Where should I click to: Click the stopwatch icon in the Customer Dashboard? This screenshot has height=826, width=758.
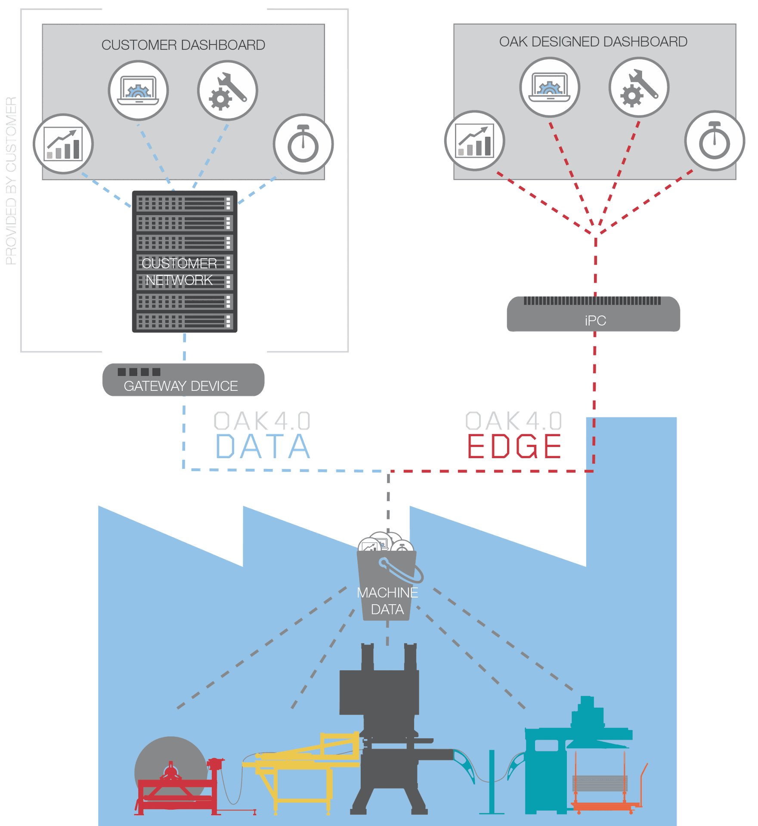303,144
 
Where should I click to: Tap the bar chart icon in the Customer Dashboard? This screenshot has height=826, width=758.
63,144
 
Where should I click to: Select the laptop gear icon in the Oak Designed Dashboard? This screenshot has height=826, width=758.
550,87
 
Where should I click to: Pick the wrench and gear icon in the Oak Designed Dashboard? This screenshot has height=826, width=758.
639,87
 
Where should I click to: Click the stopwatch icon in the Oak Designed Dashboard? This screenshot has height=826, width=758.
715,141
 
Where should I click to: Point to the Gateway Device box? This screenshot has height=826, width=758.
183,380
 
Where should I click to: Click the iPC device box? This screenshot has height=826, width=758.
594,314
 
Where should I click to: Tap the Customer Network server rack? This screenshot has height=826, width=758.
185,262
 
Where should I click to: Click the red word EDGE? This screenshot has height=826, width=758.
514,447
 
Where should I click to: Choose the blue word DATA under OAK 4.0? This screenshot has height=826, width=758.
263,447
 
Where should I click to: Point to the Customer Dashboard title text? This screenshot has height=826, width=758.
183,45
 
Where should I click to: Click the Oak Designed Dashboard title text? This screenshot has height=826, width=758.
593,42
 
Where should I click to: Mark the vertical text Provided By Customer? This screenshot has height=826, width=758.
11,181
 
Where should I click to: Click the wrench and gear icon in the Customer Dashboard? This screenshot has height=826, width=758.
228,90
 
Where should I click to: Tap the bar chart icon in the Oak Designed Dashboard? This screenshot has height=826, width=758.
475,141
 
